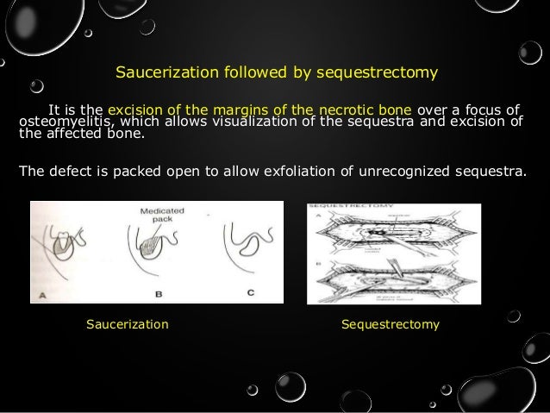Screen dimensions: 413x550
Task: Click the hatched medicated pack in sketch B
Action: click(147, 258)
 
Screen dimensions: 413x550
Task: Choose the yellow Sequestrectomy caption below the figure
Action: click(391, 325)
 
